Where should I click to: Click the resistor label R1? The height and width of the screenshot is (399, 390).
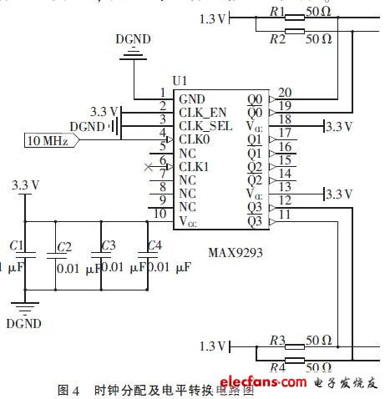277,13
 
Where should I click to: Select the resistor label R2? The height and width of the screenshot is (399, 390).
277,38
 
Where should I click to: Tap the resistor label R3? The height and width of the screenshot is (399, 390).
277,341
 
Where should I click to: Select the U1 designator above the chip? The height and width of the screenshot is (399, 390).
179,80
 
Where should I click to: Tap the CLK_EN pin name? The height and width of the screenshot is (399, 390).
203,111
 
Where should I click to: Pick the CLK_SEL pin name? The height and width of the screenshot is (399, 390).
205,125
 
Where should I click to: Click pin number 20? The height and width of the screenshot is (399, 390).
284,93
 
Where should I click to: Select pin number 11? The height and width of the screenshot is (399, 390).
284,215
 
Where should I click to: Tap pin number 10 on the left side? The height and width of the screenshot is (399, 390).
160,215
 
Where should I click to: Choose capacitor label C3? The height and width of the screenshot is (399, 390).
107,245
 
